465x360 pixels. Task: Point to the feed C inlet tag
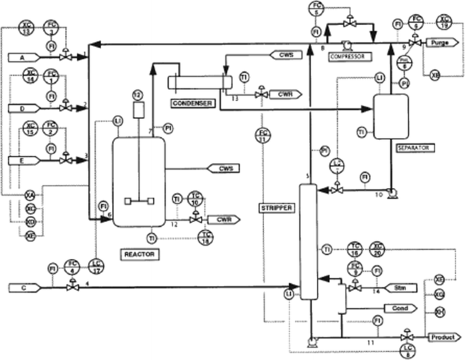click(x=21, y=287)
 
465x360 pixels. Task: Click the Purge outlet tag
click(x=443, y=42)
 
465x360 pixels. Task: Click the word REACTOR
click(x=141, y=254)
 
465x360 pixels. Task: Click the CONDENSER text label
click(x=191, y=103)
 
